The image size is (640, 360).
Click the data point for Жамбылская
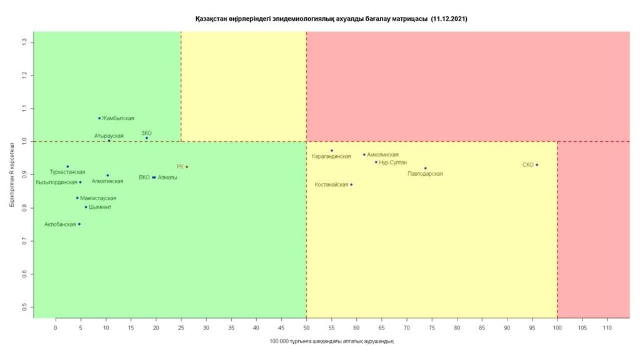click(99, 118)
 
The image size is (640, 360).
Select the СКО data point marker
click(537, 165)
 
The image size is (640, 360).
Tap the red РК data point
click(187, 167)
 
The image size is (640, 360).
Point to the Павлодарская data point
click(426, 168)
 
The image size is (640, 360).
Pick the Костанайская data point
click(351, 184)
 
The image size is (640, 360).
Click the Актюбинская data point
click(79, 224)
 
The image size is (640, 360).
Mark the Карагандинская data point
click(332, 151)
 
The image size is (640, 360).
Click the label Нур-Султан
click(393, 162)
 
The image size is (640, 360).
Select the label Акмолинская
click(382, 154)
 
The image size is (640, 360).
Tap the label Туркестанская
click(67, 172)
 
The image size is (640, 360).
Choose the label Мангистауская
click(98, 198)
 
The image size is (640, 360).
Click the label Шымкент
click(100, 207)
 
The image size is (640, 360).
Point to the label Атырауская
click(109, 135)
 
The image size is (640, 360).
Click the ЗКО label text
click(146, 132)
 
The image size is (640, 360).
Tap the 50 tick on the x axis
click(306, 327)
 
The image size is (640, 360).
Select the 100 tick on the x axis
click(557, 327)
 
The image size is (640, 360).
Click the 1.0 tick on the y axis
click(24, 141)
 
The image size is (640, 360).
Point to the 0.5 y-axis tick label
click(24, 307)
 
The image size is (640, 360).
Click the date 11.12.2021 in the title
click(449, 19)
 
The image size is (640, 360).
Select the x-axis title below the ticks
click(331, 341)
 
